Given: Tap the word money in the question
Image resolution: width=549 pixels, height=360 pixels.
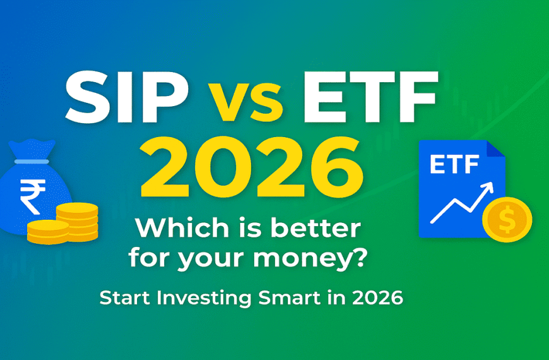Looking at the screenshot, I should coord(310,258).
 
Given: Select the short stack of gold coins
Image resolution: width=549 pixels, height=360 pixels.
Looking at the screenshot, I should coord(48,232).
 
